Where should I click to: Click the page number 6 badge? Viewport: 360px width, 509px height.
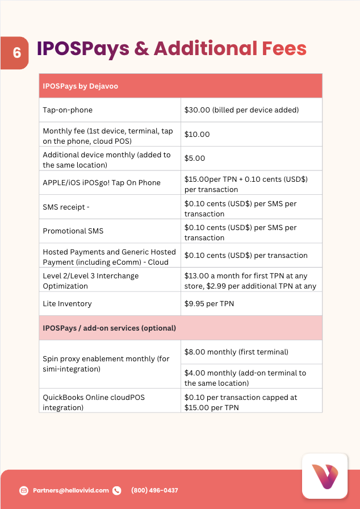tap(16, 53)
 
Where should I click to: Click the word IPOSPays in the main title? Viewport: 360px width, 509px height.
tap(83, 49)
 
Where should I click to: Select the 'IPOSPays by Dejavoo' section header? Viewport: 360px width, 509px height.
tap(80, 86)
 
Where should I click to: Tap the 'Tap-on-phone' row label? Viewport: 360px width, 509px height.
tap(68, 110)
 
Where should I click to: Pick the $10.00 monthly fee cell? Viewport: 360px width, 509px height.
tap(197, 135)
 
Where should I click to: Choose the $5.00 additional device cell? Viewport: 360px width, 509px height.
tap(195, 158)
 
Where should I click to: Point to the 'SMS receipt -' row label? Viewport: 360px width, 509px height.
tap(66, 207)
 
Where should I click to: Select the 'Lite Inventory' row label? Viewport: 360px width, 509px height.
tap(68, 304)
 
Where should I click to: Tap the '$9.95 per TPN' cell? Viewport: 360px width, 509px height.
tap(209, 304)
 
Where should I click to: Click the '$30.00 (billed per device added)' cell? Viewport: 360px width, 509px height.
tap(241, 110)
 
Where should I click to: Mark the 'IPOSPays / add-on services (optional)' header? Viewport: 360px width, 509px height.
tap(109, 328)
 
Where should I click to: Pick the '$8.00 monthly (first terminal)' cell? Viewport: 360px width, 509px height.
tap(236, 352)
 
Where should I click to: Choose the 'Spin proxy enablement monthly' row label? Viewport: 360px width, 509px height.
tap(106, 364)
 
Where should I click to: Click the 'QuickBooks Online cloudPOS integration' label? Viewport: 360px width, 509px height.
tap(94, 402)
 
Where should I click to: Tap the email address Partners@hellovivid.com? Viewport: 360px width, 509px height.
tap(71, 490)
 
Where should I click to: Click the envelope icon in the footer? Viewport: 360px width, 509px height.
tap(24, 490)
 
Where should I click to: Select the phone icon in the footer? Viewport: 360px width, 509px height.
tap(117, 490)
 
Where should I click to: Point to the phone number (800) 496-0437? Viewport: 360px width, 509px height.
tap(154, 490)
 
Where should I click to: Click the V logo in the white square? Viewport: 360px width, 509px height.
tap(324, 476)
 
